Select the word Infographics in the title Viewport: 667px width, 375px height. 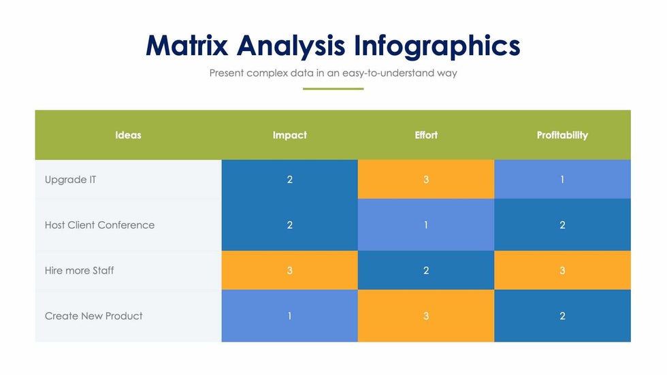click(437, 46)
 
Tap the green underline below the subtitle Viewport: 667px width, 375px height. click(333, 88)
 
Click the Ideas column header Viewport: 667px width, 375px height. click(128, 135)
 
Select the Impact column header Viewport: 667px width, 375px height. click(289, 135)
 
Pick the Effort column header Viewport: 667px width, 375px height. click(426, 135)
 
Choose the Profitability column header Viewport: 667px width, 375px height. click(562, 135)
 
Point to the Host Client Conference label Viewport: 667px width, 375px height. click(99, 225)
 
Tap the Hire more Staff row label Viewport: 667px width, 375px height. click(80, 270)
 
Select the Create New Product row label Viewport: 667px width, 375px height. click(94, 316)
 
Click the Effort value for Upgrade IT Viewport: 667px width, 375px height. click(426, 180)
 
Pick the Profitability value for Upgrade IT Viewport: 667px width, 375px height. click(562, 180)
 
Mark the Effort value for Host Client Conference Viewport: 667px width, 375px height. click(426, 225)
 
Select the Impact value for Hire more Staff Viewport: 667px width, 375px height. click(289, 270)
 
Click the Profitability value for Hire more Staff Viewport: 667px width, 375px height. click(562, 270)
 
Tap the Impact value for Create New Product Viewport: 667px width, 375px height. click(289, 316)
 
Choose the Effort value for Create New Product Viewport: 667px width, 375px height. click(426, 316)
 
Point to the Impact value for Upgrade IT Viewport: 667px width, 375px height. click(289, 180)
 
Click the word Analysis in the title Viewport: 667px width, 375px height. click(291, 46)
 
